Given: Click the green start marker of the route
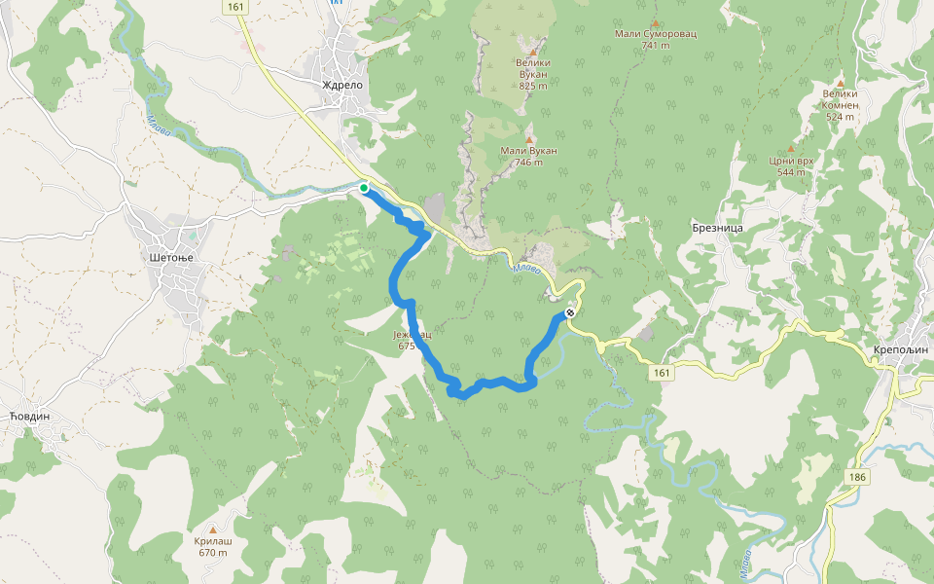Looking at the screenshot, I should pyautogui.click(x=364, y=188).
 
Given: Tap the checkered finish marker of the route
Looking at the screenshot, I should pyautogui.click(x=569, y=313).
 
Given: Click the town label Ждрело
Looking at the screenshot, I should pyautogui.click(x=342, y=85).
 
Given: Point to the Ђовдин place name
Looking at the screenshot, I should pyautogui.click(x=28, y=416).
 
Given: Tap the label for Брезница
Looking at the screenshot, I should pyautogui.click(x=717, y=227).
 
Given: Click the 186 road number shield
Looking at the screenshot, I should pyautogui.click(x=857, y=477).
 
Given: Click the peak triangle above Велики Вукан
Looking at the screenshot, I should pyautogui.click(x=533, y=51).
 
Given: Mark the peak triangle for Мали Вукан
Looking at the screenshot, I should pyautogui.click(x=529, y=139).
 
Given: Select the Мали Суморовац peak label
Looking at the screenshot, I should pyautogui.click(x=656, y=34).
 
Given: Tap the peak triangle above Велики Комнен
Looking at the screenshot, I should pyautogui.click(x=840, y=83).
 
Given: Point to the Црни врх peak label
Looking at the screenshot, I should pyautogui.click(x=791, y=161).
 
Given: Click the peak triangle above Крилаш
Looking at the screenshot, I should pyautogui.click(x=213, y=529).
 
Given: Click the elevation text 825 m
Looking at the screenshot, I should pyautogui.click(x=533, y=86).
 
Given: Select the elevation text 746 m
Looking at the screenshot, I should pyautogui.click(x=528, y=163).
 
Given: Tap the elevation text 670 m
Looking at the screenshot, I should pyautogui.click(x=212, y=553).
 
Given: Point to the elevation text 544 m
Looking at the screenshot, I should pyautogui.click(x=791, y=172).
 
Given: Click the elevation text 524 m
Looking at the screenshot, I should pyautogui.click(x=840, y=117).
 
